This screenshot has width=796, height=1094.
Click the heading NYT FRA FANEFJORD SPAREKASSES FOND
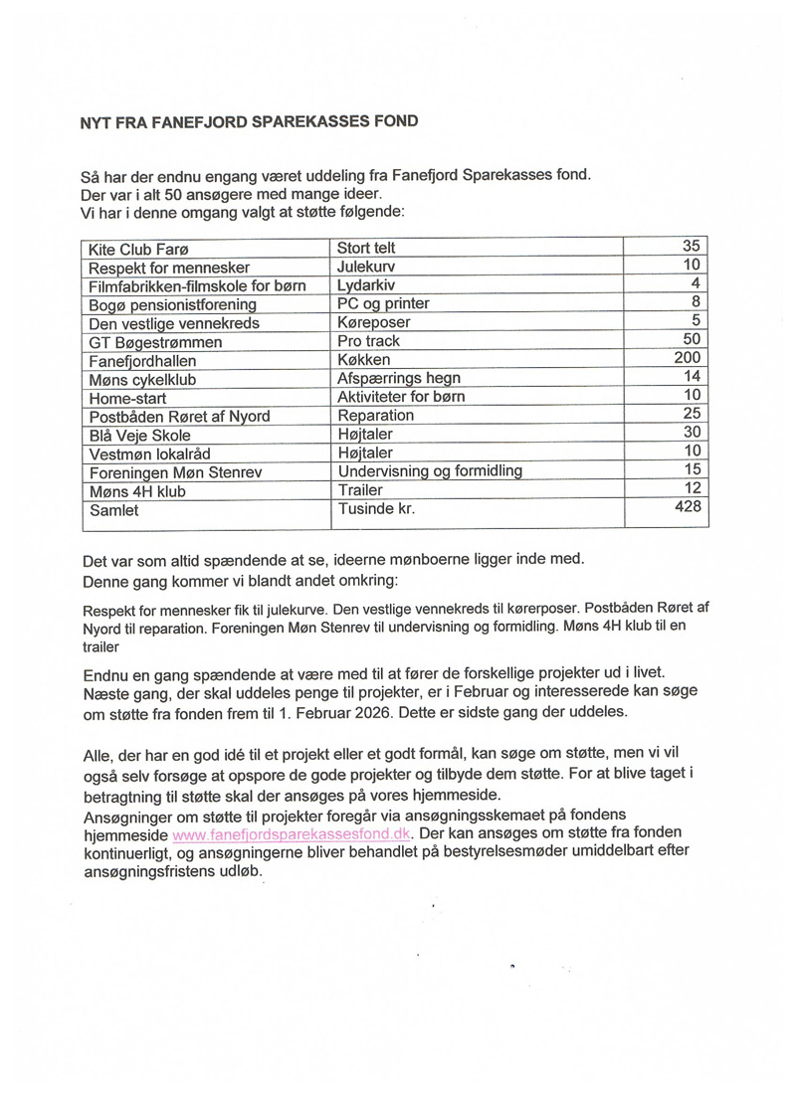[x=249, y=122]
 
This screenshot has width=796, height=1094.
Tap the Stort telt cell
[x=367, y=248]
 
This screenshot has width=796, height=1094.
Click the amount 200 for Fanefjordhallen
[x=688, y=358]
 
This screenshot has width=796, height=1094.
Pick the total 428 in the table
[x=688, y=507]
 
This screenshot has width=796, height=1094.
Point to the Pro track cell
[x=368, y=341]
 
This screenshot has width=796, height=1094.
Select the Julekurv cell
[x=366, y=267]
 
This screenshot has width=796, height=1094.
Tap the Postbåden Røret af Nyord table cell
[x=179, y=415]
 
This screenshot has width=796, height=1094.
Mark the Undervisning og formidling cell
[x=430, y=470]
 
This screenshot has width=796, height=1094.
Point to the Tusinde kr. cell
[x=376, y=507]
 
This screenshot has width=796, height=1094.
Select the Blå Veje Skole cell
[x=140, y=434]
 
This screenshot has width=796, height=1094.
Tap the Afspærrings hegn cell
[x=399, y=378]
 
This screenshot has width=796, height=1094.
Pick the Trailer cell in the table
[x=360, y=489]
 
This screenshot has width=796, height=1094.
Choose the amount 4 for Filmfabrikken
[x=696, y=283]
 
